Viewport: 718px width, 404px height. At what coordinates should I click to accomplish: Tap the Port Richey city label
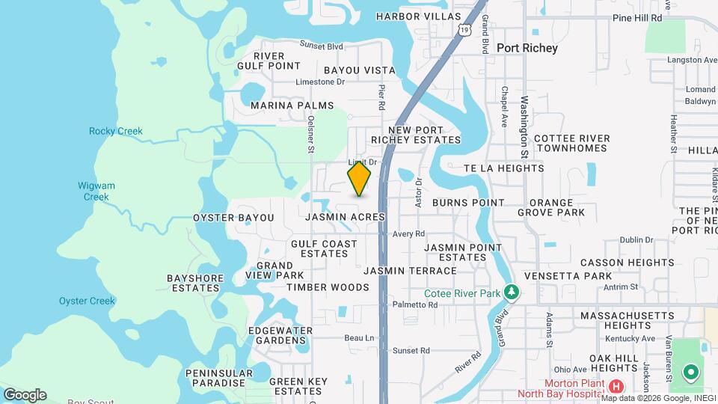[x=527, y=48]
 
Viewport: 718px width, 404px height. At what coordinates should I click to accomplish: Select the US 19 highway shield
[x=464, y=29]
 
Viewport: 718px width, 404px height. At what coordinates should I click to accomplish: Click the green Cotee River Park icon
[x=512, y=291]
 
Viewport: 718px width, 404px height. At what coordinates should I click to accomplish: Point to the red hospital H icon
[x=616, y=387]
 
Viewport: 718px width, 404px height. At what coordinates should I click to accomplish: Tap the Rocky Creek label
[x=115, y=131]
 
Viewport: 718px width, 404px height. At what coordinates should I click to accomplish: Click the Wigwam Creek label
[x=95, y=192]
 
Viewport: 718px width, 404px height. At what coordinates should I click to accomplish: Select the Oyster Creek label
[x=87, y=301]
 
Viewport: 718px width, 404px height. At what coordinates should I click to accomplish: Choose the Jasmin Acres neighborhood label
[x=346, y=217]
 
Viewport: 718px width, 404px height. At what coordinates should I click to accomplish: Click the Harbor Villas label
[x=418, y=16]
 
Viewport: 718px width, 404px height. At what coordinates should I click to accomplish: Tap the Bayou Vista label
[x=360, y=70]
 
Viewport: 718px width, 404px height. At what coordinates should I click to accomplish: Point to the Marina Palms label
[x=292, y=105]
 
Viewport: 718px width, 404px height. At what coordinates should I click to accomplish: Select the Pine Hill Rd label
[x=637, y=17]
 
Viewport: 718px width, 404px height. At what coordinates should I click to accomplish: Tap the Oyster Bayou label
[x=233, y=218]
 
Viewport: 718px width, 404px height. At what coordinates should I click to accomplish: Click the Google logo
[x=25, y=395]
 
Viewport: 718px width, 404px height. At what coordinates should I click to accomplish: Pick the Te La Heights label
[x=503, y=168]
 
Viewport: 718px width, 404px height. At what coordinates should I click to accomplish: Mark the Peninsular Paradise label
[x=216, y=378]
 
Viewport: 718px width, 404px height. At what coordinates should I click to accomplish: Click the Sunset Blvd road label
[x=321, y=44]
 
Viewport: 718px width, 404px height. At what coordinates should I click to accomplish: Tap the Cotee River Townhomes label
[x=572, y=143]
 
